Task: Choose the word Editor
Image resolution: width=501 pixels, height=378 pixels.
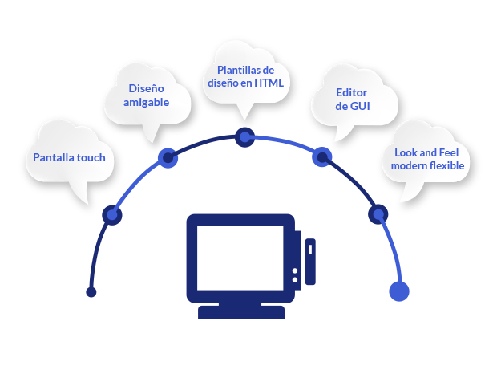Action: click(353, 92)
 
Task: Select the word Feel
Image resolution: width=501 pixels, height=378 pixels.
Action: click(455, 152)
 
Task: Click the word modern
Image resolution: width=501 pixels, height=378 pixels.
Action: click(408, 165)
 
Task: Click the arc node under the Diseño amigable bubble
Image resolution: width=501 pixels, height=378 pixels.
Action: click(167, 157)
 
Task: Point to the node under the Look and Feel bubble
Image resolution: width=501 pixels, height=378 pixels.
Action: click(378, 214)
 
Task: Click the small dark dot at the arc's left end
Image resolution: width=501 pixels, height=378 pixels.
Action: click(91, 292)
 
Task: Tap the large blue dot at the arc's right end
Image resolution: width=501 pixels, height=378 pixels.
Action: click(398, 291)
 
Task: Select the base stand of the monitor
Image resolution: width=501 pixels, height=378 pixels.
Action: click(241, 311)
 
